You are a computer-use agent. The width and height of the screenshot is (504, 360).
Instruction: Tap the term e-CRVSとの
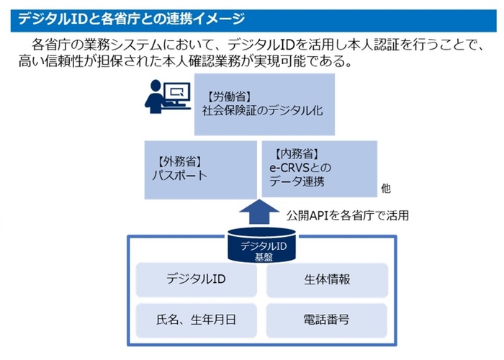pyautogui.click(x=297, y=167)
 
